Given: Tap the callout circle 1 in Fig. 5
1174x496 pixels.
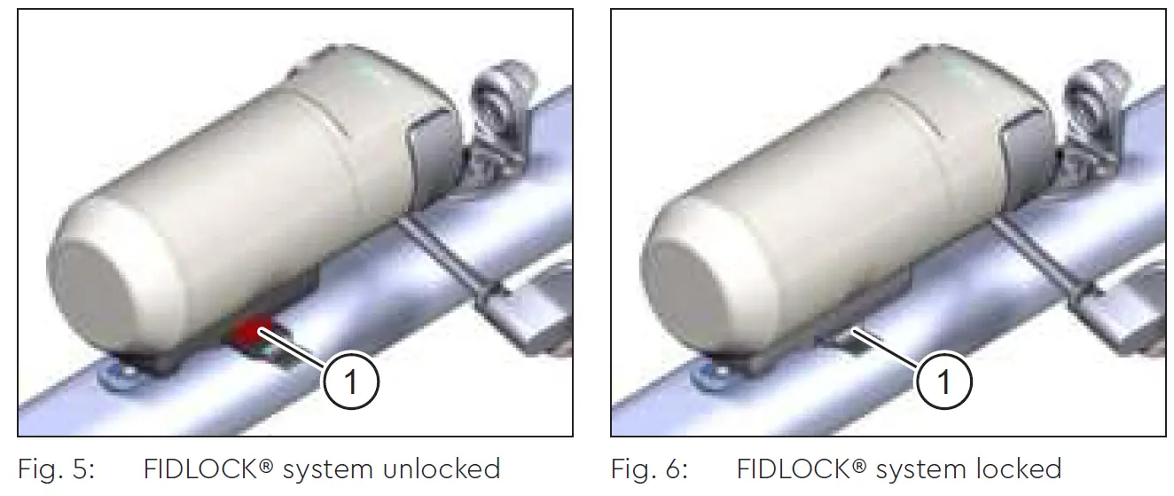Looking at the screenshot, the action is coord(350,381).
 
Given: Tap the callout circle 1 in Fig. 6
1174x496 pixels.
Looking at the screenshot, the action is coord(943,381).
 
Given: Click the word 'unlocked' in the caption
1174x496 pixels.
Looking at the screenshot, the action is coord(442,468).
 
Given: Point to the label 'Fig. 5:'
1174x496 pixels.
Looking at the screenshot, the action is coord(56,468).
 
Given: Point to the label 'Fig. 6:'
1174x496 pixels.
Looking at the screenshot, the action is coord(649,468).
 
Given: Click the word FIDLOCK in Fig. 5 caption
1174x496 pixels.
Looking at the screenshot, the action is coord(202,468).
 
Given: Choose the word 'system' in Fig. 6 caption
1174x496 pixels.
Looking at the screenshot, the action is coord(921,469).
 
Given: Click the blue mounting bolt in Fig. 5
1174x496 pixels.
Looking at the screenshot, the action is coord(122,374).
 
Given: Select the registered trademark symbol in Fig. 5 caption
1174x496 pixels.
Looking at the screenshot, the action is coord(266,465).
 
